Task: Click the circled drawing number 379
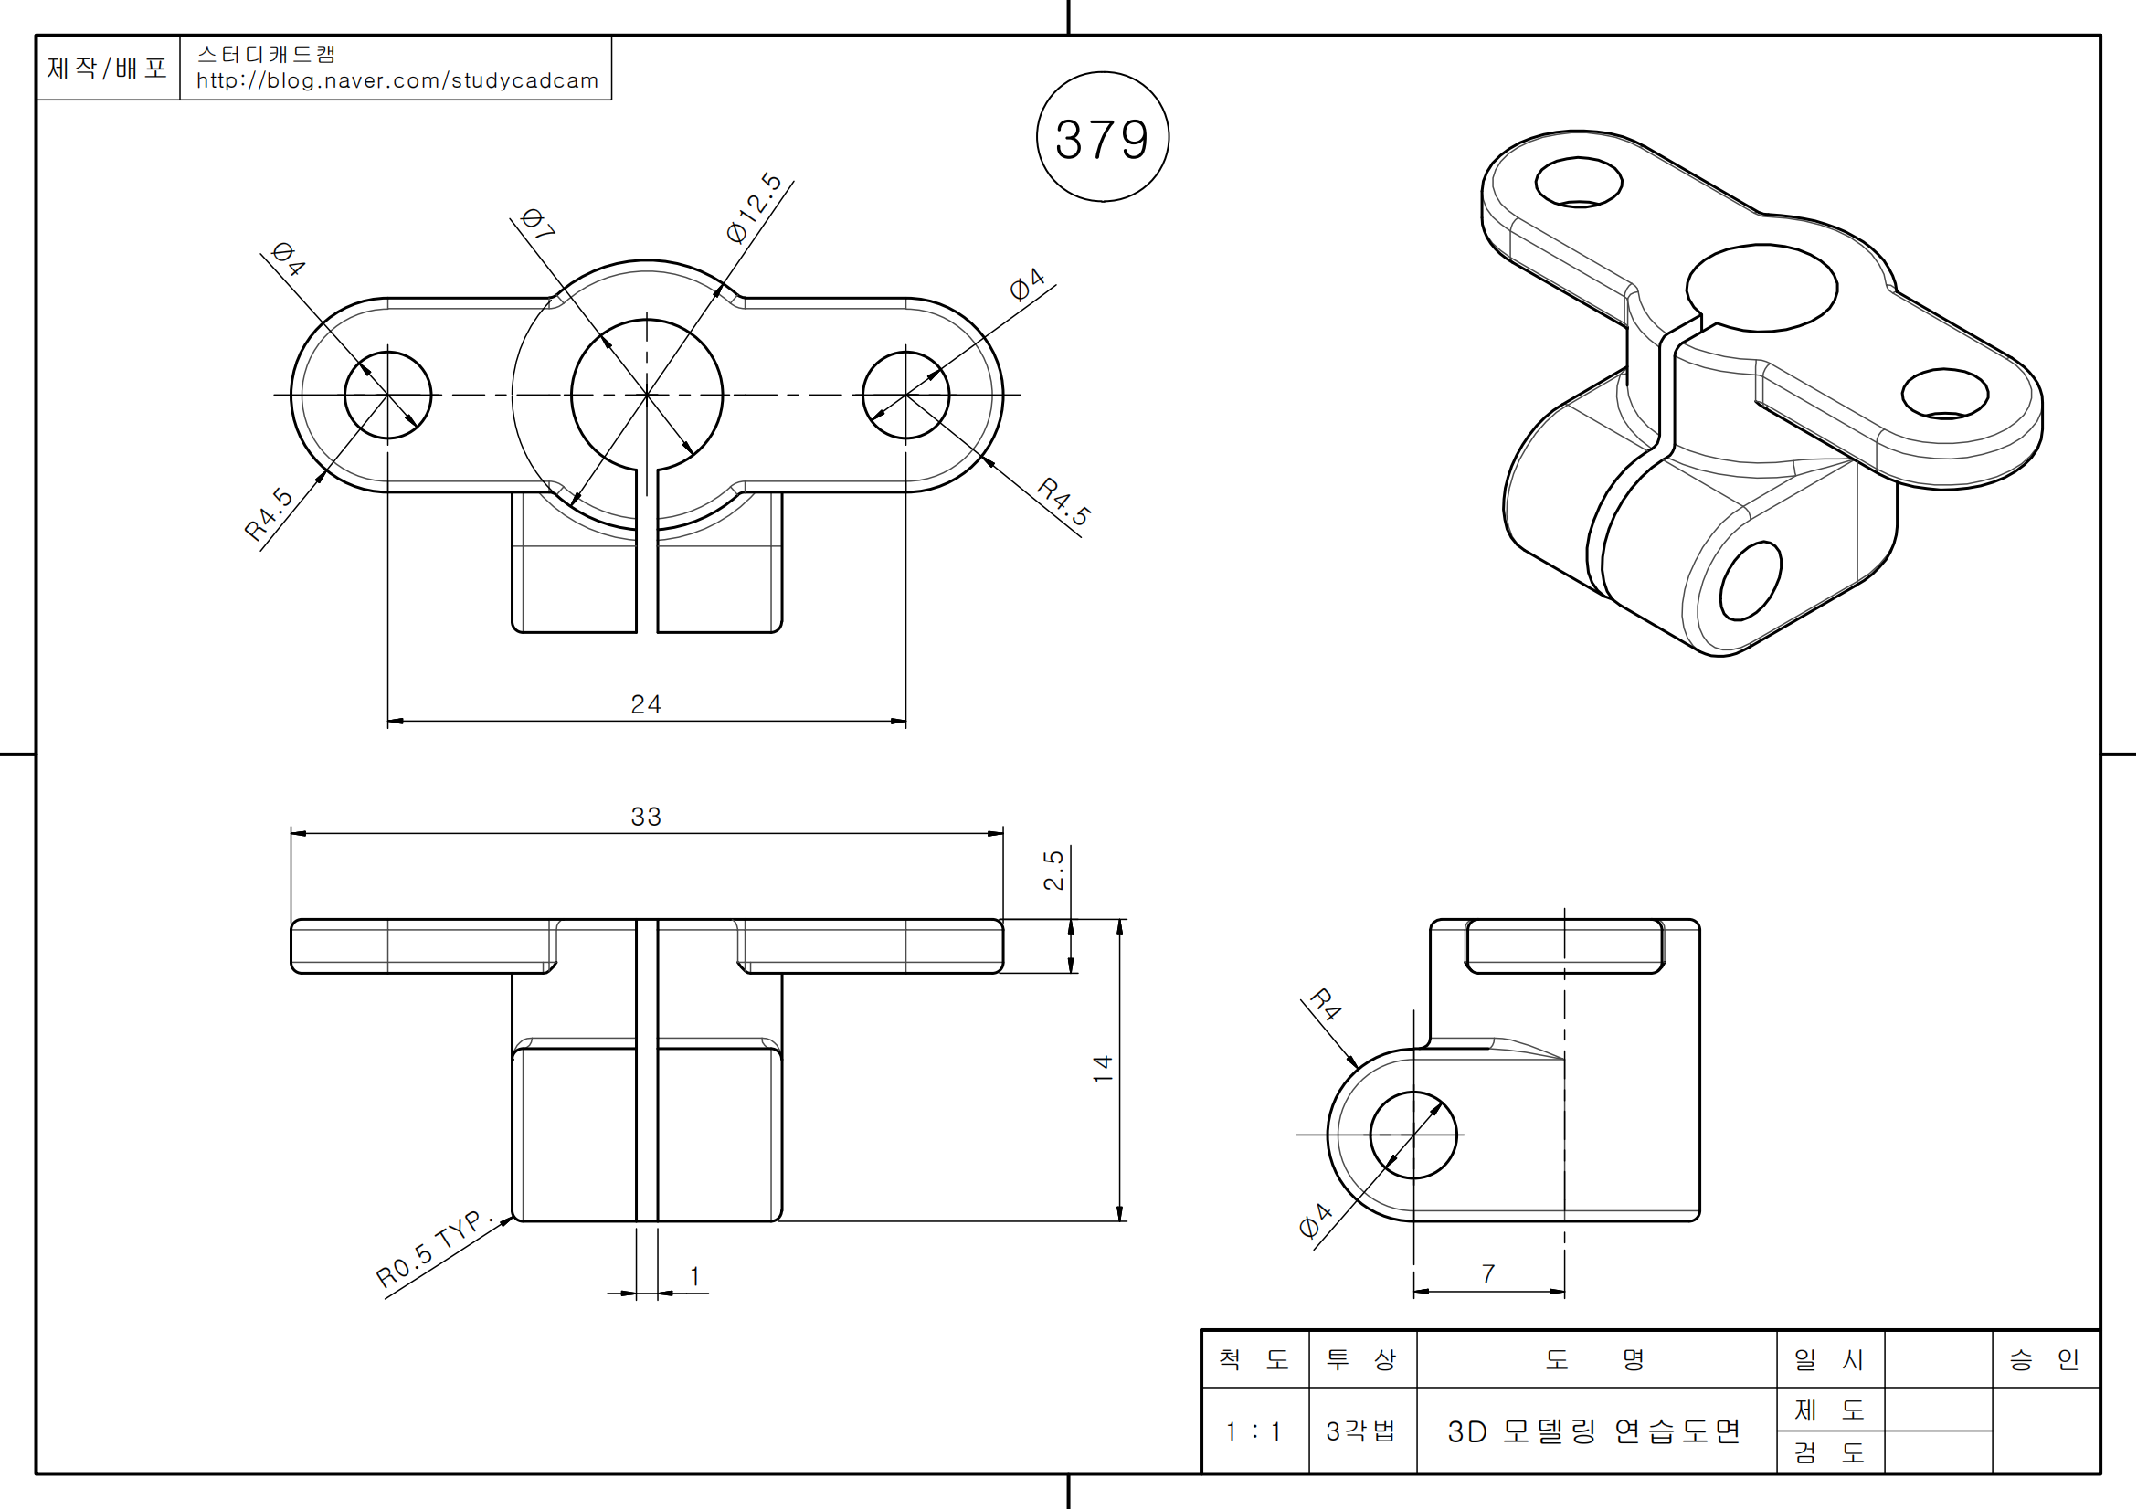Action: click(x=1102, y=139)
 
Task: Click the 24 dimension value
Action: click(x=646, y=704)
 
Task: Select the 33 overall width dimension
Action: click(x=646, y=816)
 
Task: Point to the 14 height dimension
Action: click(x=1103, y=1067)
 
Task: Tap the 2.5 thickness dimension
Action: click(x=1053, y=870)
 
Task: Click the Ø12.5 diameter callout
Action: click(x=754, y=207)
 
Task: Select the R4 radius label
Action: click(x=1326, y=1005)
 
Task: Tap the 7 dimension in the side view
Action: click(x=1488, y=1273)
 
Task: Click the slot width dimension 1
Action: click(x=694, y=1276)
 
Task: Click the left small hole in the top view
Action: click(x=387, y=395)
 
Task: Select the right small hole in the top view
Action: click(x=905, y=395)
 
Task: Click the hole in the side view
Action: click(x=1412, y=1135)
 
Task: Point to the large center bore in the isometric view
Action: click(x=1761, y=288)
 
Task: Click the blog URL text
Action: click(x=397, y=81)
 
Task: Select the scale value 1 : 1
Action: click(x=1254, y=1431)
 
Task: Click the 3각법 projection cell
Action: click(x=1361, y=1431)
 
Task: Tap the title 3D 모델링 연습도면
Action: click(x=1594, y=1431)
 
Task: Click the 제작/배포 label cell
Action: click(x=107, y=68)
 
